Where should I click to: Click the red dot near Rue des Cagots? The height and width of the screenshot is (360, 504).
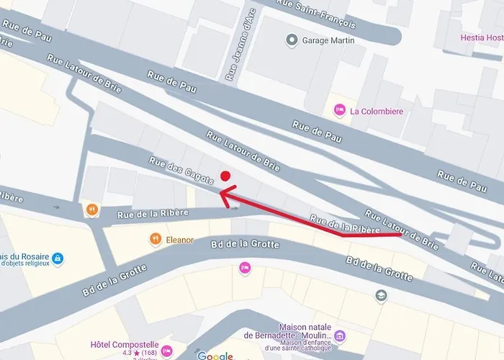pos(225,176)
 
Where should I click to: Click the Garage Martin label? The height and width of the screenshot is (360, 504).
pos(328,40)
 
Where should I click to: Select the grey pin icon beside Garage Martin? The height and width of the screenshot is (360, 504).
pos(292,40)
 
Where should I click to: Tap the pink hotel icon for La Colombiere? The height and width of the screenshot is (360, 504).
pos(339,111)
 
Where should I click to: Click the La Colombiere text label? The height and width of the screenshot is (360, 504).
pos(377,112)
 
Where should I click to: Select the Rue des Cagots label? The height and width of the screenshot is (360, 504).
pos(182,171)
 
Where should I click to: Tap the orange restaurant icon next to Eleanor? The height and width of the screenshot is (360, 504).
pos(155,238)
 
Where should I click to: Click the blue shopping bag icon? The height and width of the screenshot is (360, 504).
pos(58,258)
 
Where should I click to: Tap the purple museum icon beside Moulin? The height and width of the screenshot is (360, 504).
pos(341,336)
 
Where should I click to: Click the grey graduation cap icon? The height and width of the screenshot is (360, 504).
pos(381,295)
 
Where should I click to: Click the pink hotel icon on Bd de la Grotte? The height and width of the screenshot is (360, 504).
pos(245,268)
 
